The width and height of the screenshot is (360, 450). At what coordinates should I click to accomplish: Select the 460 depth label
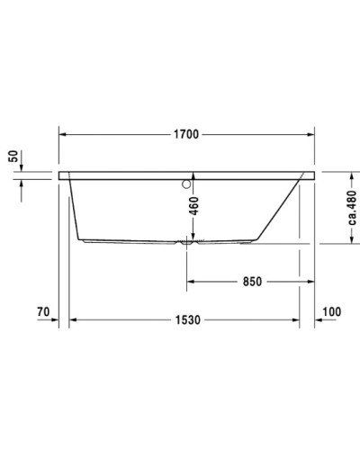[x=193, y=211]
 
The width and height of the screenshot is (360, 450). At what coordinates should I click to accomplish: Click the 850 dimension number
[x=251, y=282]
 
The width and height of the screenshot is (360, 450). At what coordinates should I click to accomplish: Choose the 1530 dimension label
[x=187, y=320]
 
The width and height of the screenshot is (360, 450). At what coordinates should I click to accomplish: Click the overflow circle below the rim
[x=187, y=185]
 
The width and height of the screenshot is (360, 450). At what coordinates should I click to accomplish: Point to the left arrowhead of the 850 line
[x=191, y=282]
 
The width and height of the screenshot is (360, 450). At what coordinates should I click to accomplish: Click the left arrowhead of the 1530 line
[x=76, y=320]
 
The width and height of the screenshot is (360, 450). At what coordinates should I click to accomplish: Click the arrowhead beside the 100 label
[x=318, y=320]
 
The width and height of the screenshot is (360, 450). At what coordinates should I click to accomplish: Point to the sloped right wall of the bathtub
[x=281, y=209]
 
